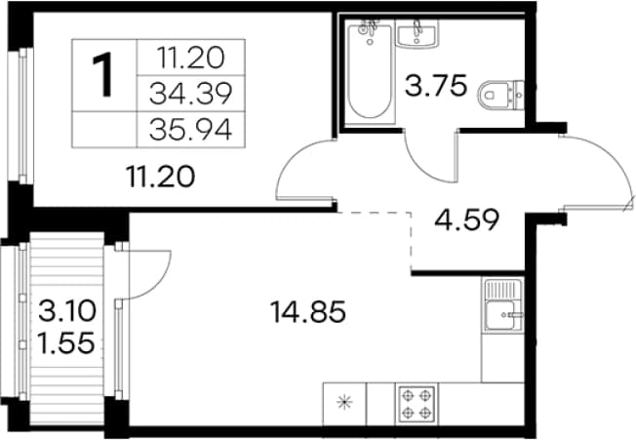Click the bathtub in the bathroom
[370, 72]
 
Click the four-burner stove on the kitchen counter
[417, 405]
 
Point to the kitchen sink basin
[503, 315]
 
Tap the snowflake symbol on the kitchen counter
[344, 402]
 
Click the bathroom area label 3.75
[436, 86]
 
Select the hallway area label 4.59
[466, 220]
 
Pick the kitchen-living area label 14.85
[308, 312]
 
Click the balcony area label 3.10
[67, 311]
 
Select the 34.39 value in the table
[190, 94]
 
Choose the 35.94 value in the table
[190, 130]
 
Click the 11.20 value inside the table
[190, 58]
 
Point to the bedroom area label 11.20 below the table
[161, 177]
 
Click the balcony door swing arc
[160, 284]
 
